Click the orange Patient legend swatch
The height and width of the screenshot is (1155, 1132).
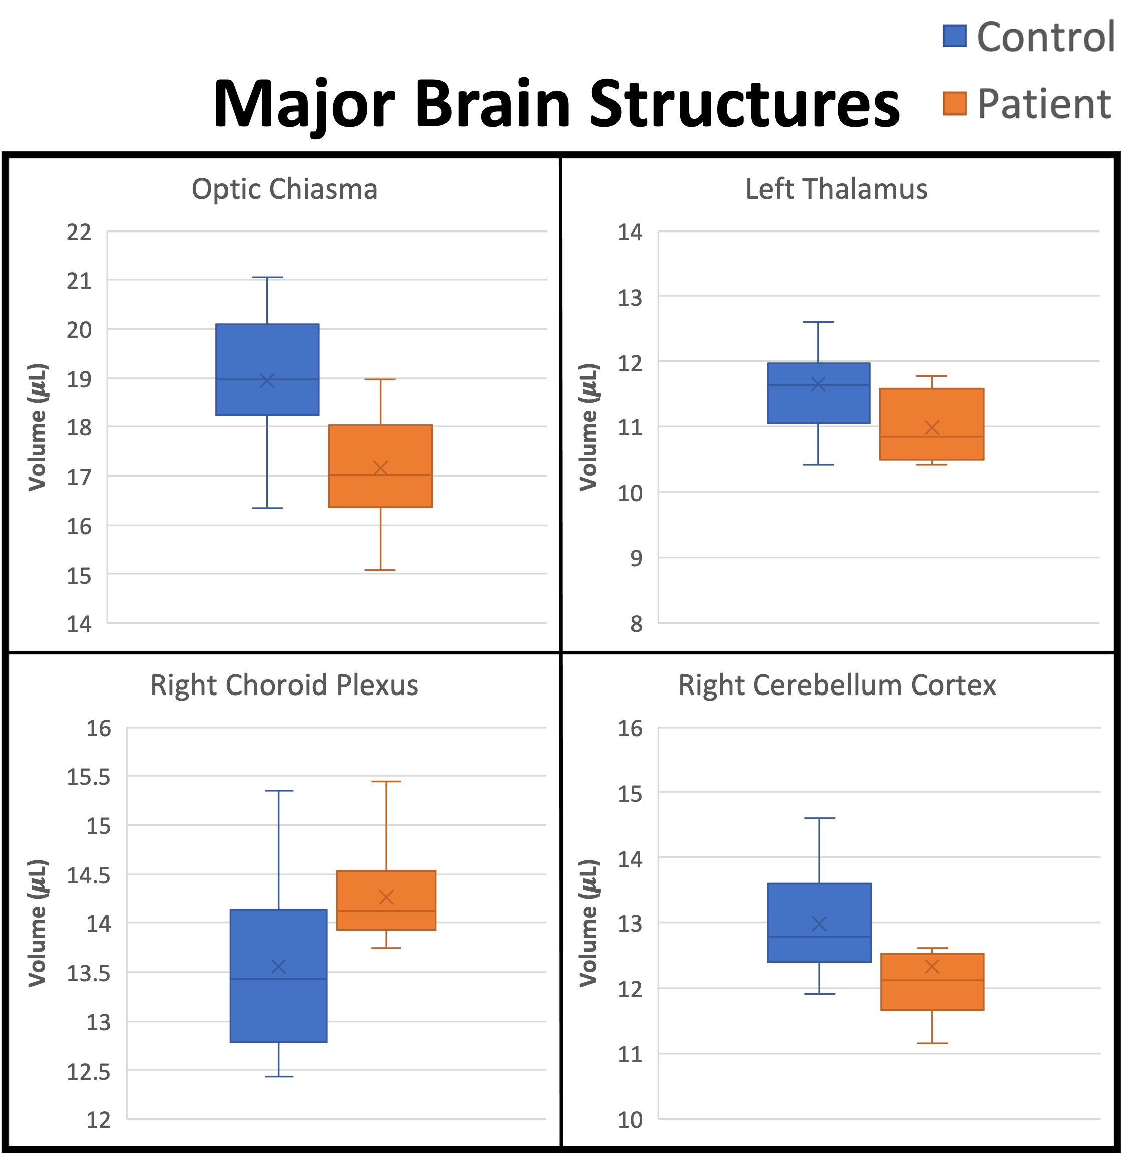pyautogui.click(x=955, y=103)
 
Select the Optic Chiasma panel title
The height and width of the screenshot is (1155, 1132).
pyautogui.click(x=284, y=189)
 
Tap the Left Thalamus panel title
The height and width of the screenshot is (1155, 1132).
pyautogui.click(x=836, y=189)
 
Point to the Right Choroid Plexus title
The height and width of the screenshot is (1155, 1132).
pyautogui.click(x=284, y=685)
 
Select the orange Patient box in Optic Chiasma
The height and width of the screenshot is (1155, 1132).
pyautogui.click(x=380, y=452)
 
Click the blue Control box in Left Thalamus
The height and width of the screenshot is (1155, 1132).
pyautogui.click(x=819, y=404)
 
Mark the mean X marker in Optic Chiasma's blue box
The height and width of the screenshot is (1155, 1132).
pyautogui.click(x=268, y=380)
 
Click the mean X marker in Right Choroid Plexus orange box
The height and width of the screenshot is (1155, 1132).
pyautogui.click(x=386, y=897)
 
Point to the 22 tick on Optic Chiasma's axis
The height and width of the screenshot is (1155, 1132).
pyautogui.click(x=79, y=233)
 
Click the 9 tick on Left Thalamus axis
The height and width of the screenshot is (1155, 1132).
pyautogui.click(x=637, y=559)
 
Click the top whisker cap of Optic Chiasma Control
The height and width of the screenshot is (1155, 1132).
pyautogui.click(x=268, y=278)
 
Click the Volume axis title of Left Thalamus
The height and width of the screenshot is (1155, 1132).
pyautogui.click(x=589, y=427)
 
